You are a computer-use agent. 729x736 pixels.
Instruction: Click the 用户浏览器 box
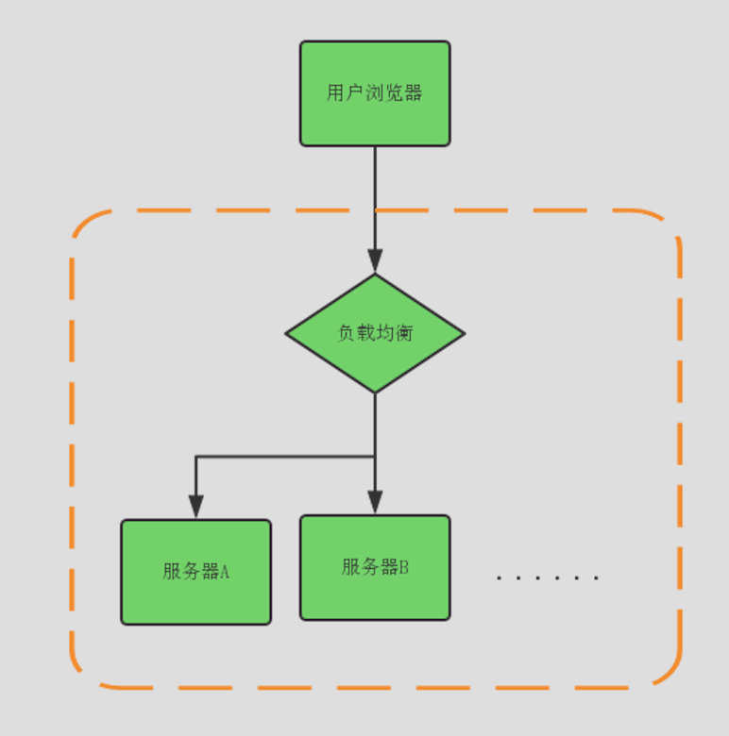(x=375, y=93)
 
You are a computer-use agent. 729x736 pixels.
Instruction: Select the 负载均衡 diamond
(x=375, y=333)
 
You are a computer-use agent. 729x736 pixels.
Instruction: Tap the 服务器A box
(x=195, y=572)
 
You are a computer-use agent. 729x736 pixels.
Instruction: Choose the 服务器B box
(x=375, y=567)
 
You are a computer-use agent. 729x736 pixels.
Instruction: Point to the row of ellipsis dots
(x=548, y=577)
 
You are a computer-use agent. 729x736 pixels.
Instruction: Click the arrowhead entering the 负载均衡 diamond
(x=375, y=261)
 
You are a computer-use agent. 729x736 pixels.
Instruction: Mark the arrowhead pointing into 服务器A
(x=195, y=507)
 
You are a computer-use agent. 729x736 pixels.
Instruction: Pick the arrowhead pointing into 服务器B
(x=375, y=502)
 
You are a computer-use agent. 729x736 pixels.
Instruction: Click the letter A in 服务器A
(x=225, y=572)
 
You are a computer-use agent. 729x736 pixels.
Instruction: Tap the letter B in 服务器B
(x=403, y=567)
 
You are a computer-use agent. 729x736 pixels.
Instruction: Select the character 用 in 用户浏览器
(x=335, y=93)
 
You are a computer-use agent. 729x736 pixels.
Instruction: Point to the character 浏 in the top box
(x=374, y=93)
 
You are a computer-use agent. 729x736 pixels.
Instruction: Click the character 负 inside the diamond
(x=347, y=333)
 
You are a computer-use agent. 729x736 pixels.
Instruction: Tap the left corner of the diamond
(x=287, y=333)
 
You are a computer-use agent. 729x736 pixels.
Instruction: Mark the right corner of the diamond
(x=464, y=333)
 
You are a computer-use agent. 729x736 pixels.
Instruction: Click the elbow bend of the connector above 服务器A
(x=195, y=457)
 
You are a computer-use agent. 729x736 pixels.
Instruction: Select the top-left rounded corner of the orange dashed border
(x=85, y=224)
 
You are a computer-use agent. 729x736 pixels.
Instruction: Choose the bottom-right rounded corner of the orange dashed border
(x=668, y=673)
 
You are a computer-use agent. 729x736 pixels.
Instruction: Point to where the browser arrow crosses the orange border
(x=375, y=210)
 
